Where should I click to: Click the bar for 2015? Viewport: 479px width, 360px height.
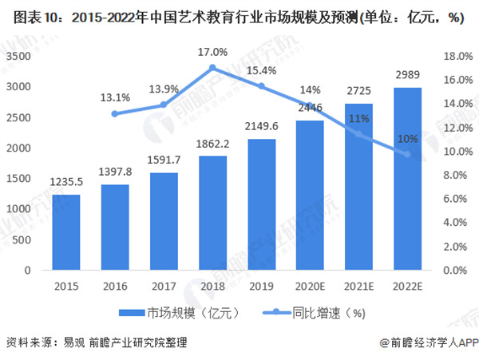pos(67,232)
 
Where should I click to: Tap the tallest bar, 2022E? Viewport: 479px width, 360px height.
pos(407,179)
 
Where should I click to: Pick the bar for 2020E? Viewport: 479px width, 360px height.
pos(310,196)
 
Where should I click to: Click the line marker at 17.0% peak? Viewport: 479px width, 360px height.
pos(212,69)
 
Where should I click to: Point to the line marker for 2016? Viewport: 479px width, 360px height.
pos(116,114)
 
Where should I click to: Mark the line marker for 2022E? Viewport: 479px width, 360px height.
pos(407,153)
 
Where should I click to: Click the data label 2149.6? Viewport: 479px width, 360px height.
pos(261,129)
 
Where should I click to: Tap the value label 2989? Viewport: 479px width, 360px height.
pos(407,77)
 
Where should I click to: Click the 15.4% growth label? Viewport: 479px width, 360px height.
pos(261,72)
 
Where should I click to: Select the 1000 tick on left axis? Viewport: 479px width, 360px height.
pos(19,209)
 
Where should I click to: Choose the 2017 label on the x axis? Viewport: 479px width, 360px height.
pos(164,286)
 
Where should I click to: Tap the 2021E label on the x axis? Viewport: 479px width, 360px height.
pos(358,286)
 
